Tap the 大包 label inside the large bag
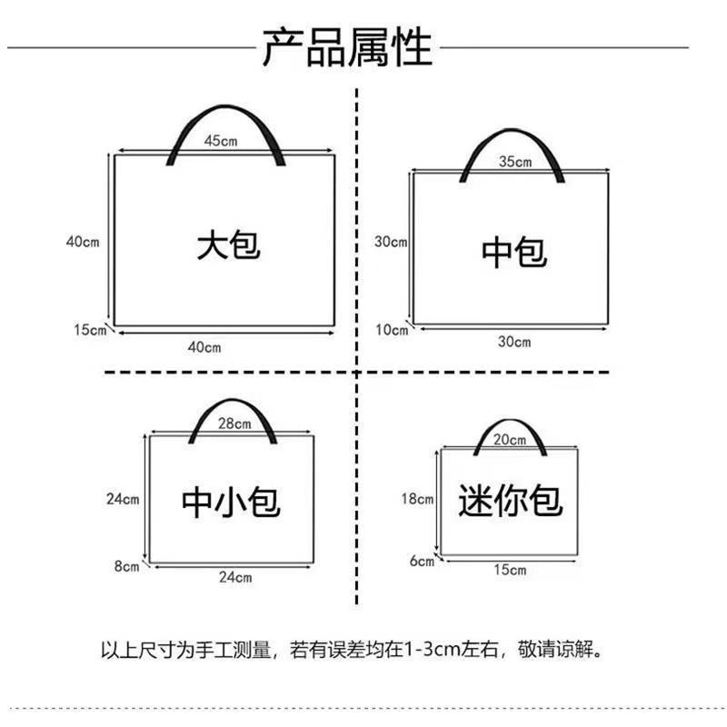pos(228,245)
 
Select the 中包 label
pos(514,251)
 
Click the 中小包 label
pos(231,501)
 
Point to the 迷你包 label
pos(511,499)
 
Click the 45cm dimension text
pos(222,141)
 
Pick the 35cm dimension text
pos(515,162)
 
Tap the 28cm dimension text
pos(234,423)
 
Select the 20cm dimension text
pos(511,440)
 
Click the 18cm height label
pos(418,498)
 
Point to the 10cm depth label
pos(392,329)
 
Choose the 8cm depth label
pos(126,566)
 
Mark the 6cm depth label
pos(422,561)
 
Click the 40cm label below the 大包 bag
pos(204,346)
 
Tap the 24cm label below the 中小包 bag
pos(235,577)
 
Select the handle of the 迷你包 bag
pos(510,424)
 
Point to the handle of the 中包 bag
pos(514,141)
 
